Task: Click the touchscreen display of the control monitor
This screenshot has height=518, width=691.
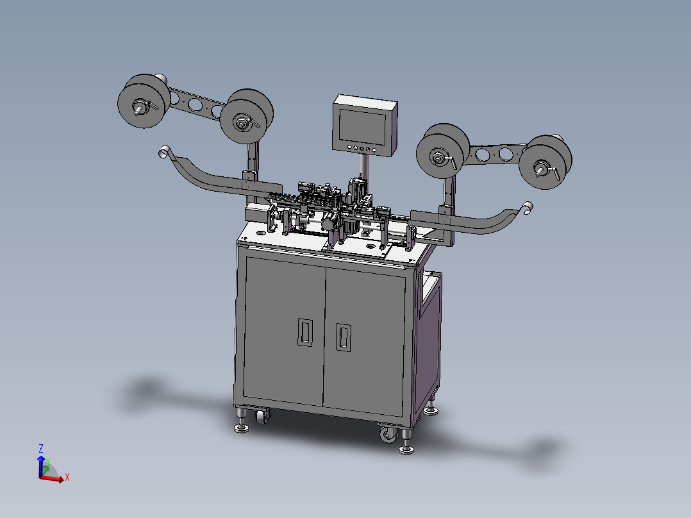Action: [x=363, y=126]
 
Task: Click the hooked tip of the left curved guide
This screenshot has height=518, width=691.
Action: [x=163, y=151]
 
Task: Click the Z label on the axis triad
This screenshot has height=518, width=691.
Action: [x=40, y=448]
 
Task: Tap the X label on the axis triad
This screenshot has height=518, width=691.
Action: [x=67, y=477]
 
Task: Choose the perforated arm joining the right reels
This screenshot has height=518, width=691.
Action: [x=494, y=154]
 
